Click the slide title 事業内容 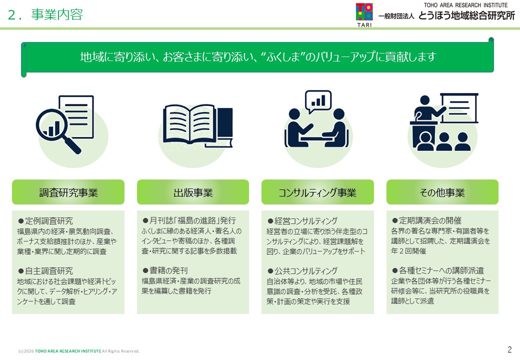pyautogui.click(x=57, y=14)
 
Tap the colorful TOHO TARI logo pyautogui.click(x=364, y=15)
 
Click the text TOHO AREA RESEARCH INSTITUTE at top pyautogui.click(x=465, y=5)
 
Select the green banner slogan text pyautogui.click(x=257, y=56)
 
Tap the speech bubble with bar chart pyautogui.click(x=318, y=101)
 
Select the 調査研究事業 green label pyautogui.click(x=68, y=192)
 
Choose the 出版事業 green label pyautogui.click(x=193, y=192)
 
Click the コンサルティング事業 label pyautogui.click(x=317, y=192)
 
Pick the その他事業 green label pyautogui.click(x=442, y=192)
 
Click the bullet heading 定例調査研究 pyautogui.click(x=45, y=221)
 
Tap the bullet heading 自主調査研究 pyautogui.click(x=45, y=271)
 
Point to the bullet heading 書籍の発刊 pyautogui.click(x=165, y=270)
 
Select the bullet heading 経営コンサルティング pyautogui.click(x=302, y=221)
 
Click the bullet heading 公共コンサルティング pyautogui.click(x=302, y=271)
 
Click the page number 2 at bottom pyautogui.click(x=509, y=349)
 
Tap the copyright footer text pyautogui.click(x=79, y=351)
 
